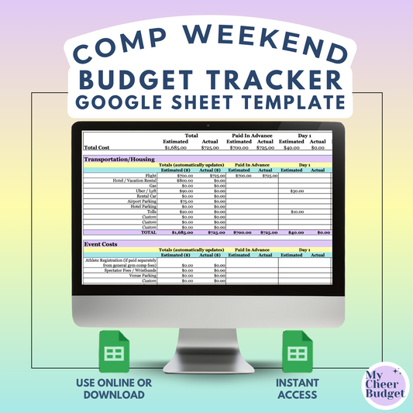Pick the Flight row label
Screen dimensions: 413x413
pyautogui.click(x=150, y=176)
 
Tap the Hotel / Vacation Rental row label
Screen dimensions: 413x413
pyautogui.click(x=131, y=181)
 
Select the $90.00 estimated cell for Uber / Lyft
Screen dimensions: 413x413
pyautogui.click(x=184, y=191)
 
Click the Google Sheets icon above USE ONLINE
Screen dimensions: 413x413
pyautogui.click(x=115, y=353)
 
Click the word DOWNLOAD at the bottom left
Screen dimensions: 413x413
pyautogui.click(x=115, y=394)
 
